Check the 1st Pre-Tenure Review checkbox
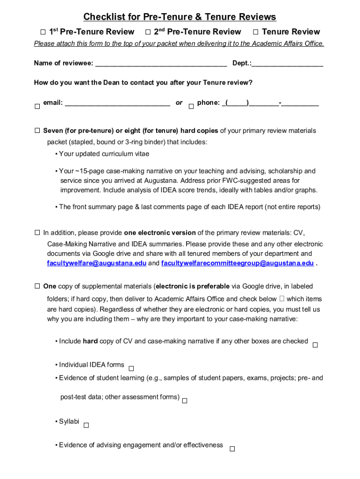[x=42, y=32]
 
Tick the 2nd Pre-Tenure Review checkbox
[x=147, y=32]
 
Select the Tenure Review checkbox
[x=255, y=32]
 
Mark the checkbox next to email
[x=37, y=107]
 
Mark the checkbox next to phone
[x=191, y=107]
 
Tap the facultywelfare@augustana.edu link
[x=96, y=263]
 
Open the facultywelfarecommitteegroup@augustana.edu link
[x=238, y=263]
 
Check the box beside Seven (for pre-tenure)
[x=37, y=131]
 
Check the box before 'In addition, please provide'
[x=37, y=232]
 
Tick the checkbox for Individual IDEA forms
[x=131, y=369]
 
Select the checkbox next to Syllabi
[x=86, y=425]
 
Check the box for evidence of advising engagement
[x=232, y=449]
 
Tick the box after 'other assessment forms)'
[x=185, y=401]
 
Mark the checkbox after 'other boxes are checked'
[x=315, y=345]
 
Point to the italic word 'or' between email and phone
[x=179, y=103]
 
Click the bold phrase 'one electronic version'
[x=160, y=232]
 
